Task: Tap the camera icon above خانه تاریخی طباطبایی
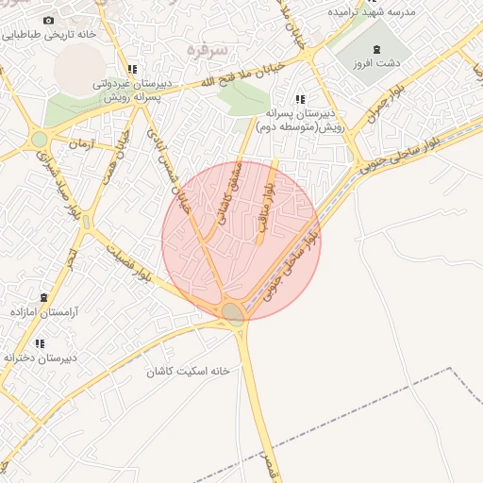coord(49,20)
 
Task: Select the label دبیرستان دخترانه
coord(39,358)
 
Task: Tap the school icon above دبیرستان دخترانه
coord(40,343)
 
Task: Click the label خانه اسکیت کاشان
coord(188,371)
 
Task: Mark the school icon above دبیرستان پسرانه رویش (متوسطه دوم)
coord(301,99)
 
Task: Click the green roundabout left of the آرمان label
coord(39,140)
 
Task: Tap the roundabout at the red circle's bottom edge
coord(233,313)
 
